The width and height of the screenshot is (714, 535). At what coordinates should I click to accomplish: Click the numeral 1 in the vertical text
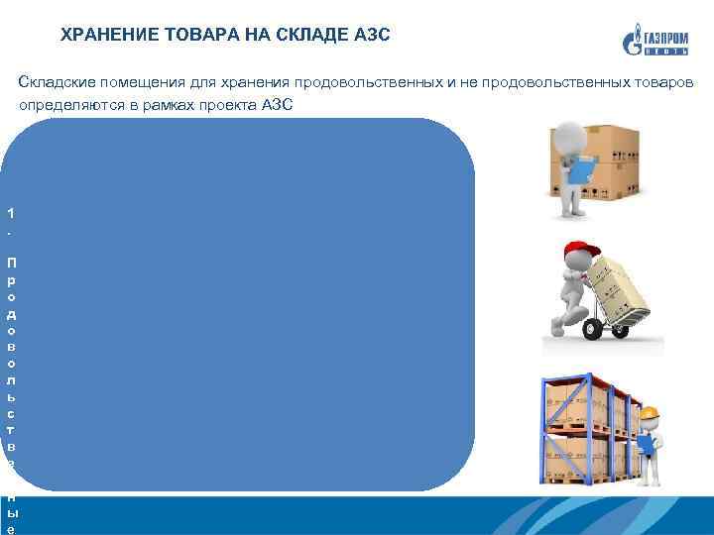10,213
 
